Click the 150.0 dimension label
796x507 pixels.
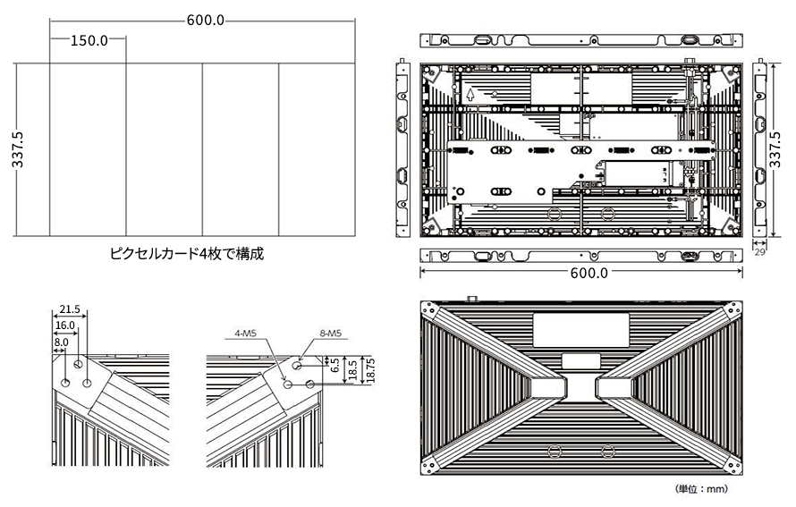[89, 40]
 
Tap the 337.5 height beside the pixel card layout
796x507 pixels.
[17, 150]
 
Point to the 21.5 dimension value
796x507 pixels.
[68, 309]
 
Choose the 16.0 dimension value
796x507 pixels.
[66, 326]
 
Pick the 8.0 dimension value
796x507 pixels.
[60, 342]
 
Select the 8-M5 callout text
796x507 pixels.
[330, 334]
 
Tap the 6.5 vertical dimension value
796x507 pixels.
[333, 366]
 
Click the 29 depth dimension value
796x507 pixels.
[760, 254]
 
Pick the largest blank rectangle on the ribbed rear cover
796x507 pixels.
[581, 329]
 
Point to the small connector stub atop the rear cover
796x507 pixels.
[470, 298]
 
